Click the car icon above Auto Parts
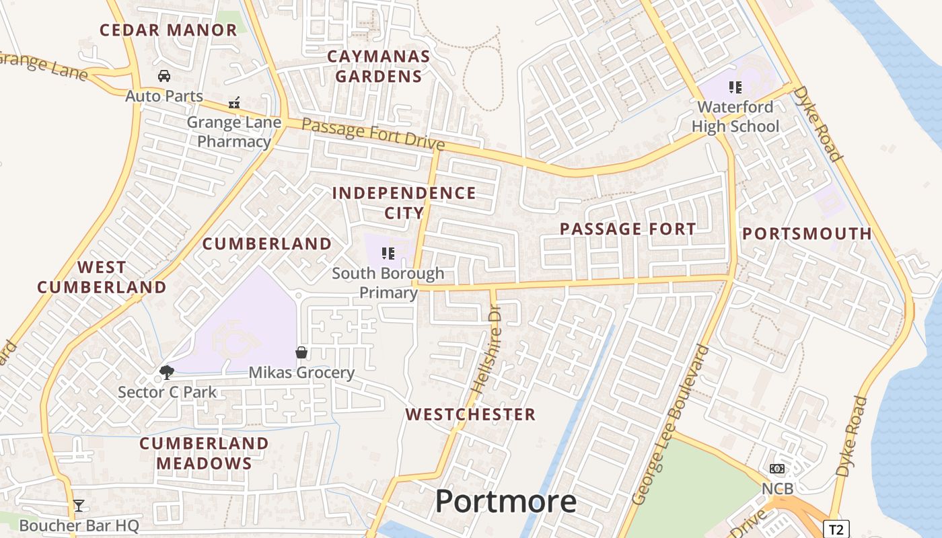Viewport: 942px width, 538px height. [164, 76]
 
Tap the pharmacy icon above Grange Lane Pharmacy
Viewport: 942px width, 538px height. [234, 103]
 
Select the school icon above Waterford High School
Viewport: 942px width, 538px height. [735, 87]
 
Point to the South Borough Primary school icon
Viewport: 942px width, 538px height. [388, 254]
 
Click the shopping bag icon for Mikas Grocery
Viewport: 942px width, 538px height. [301, 352]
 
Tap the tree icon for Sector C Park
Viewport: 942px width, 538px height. [166, 372]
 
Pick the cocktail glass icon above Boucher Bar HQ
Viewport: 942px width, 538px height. [79, 506]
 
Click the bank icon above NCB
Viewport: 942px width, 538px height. [777, 469]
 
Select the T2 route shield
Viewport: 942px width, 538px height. [835, 529]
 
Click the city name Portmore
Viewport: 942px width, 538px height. [506, 502]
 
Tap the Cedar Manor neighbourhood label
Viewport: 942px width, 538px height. [168, 30]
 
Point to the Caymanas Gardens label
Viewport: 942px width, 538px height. [379, 66]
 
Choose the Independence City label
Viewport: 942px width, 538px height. [404, 203]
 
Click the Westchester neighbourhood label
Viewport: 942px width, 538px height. [471, 414]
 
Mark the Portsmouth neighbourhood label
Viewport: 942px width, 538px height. [807, 234]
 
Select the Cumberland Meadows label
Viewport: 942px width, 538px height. [205, 453]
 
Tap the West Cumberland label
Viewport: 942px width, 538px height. [102, 277]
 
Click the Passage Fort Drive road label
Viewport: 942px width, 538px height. [373, 134]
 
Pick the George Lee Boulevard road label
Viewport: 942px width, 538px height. [671, 424]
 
